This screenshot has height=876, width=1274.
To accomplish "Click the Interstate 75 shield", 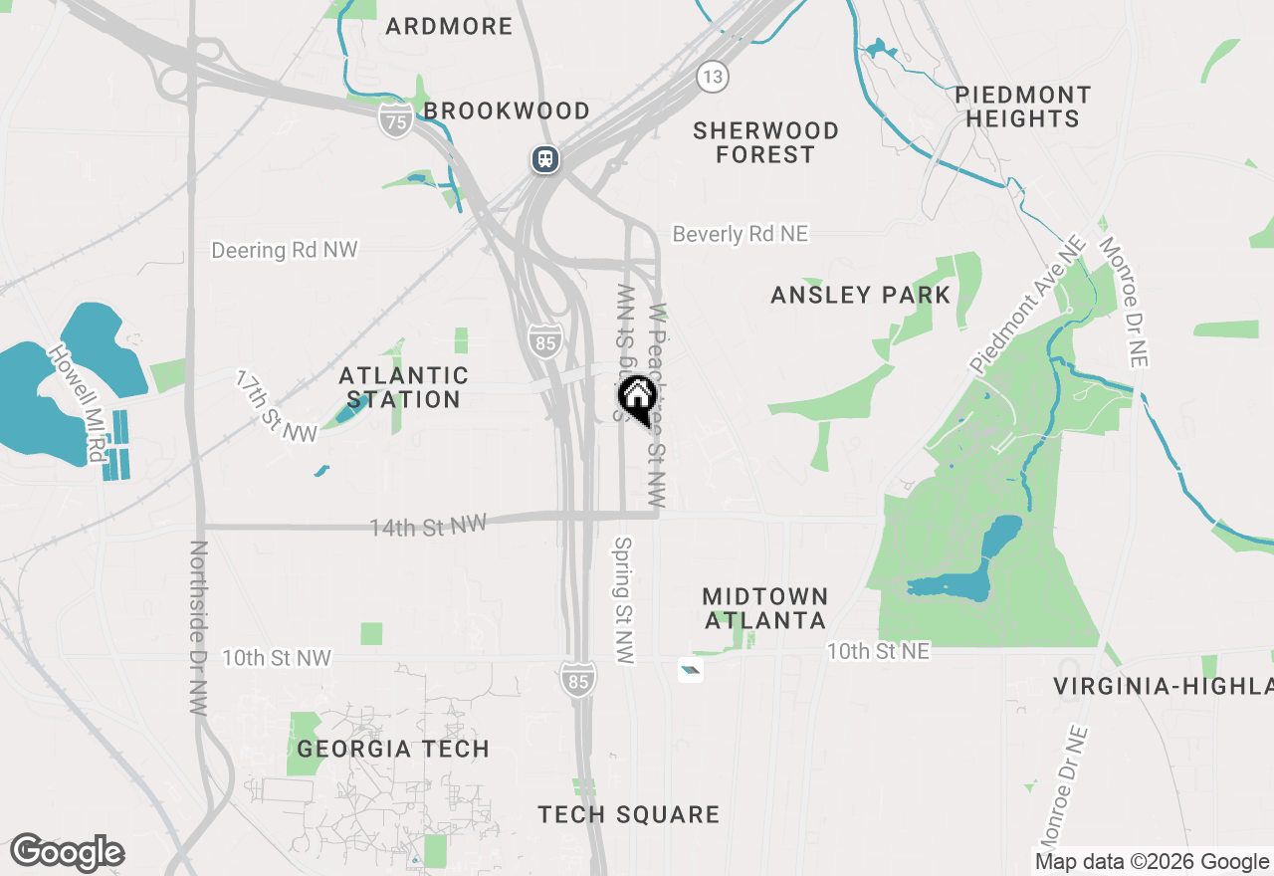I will pyautogui.click(x=396, y=122).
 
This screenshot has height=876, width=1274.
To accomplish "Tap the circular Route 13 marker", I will pyautogui.click(x=712, y=77).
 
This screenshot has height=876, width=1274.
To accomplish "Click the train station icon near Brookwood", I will pyautogui.click(x=544, y=158).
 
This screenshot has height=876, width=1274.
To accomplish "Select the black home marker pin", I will pyautogui.click(x=637, y=399).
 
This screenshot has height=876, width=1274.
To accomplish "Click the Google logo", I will pyautogui.click(x=67, y=852).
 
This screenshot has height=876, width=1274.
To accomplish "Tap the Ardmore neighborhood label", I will pyautogui.click(x=449, y=26).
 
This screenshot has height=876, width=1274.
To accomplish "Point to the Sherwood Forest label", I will pyautogui.click(x=765, y=142).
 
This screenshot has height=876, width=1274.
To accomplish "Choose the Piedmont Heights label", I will pyautogui.click(x=1022, y=107).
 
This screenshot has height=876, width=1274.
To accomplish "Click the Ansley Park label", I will pyautogui.click(x=861, y=295).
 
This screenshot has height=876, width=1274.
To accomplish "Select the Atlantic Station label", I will pyautogui.click(x=403, y=387).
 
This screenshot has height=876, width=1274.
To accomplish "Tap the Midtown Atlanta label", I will pyautogui.click(x=765, y=608).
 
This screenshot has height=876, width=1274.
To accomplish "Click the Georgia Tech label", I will pyautogui.click(x=393, y=749).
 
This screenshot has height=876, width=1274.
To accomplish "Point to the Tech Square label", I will pyautogui.click(x=628, y=814).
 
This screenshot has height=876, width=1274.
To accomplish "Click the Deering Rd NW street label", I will pyautogui.click(x=284, y=250).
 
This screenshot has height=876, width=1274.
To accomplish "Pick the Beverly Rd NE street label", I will pyautogui.click(x=741, y=234).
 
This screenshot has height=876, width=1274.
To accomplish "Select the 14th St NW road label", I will pyautogui.click(x=428, y=526).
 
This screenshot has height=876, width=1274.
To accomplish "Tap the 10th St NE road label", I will pyautogui.click(x=878, y=651).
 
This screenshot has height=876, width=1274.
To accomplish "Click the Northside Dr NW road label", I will pyautogui.click(x=198, y=628).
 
